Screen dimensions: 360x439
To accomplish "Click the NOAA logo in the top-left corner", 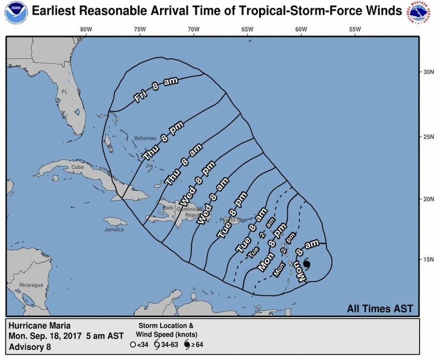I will coord(16,13).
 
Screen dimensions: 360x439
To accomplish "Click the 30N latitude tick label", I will coord(429,72).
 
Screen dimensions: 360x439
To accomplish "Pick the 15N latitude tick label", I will coord(429,259).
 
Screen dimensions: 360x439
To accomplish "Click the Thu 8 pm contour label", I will coord(163,140).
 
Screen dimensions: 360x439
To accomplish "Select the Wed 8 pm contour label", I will coord(191,188).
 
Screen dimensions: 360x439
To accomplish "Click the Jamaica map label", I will coord(114,229).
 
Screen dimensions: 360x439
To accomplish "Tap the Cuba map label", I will coord(78,167).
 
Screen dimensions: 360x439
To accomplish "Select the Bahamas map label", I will coord(145,138).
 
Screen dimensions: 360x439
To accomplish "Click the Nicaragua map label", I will coord(31,285).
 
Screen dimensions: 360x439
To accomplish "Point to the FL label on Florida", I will coord(65,92).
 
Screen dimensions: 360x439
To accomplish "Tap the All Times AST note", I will coord(380,309).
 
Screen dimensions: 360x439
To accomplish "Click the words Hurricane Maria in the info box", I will coord(40,326).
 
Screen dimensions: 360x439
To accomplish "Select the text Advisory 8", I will coord(30,347).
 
